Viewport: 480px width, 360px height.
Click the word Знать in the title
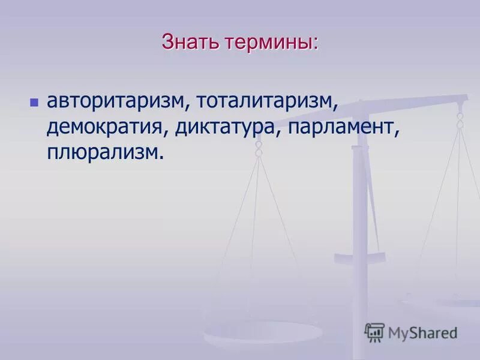[x=190, y=43]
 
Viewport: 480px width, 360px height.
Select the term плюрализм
[x=103, y=152]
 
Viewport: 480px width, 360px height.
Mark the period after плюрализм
[x=161, y=158]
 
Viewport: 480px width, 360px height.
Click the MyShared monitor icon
[x=374, y=332]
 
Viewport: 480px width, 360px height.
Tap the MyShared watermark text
[x=422, y=333]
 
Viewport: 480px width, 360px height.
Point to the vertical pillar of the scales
[x=360, y=240]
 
